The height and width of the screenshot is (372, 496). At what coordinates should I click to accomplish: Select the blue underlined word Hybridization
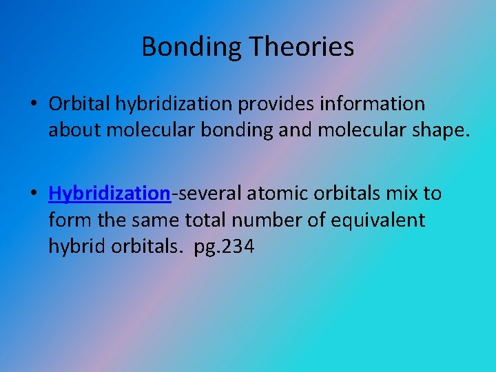[110, 194]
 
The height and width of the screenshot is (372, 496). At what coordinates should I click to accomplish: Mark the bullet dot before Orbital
[34, 105]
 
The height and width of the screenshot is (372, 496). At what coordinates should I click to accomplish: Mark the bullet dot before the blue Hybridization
[34, 194]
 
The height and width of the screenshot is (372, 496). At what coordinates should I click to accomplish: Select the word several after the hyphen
[209, 194]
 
